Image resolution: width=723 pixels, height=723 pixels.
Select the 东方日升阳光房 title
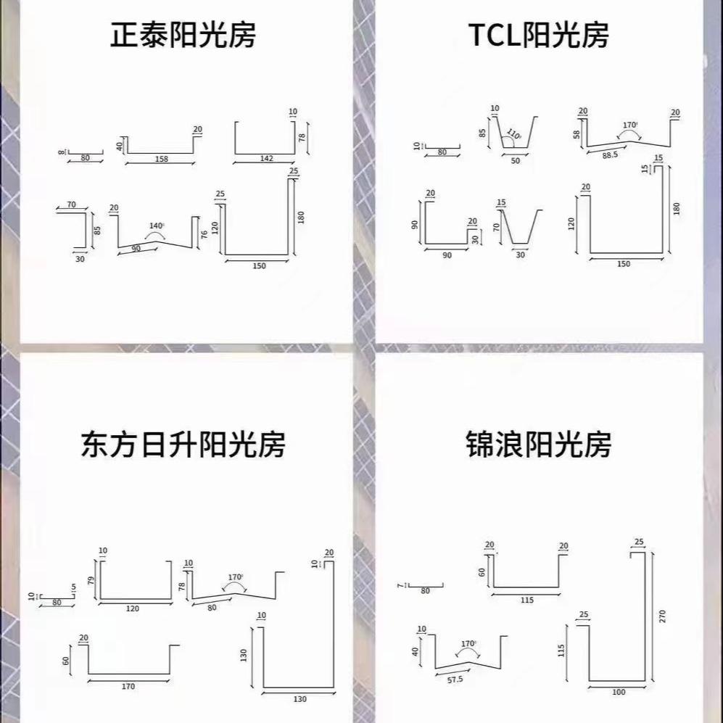pyautogui.click(x=183, y=444)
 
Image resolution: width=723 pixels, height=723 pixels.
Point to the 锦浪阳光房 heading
pyautogui.click(x=537, y=444)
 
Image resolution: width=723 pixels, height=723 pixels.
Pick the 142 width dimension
pyautogui.click(x=265, y=158)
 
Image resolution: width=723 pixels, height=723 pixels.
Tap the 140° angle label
pyautogui.click(x=157, y=226)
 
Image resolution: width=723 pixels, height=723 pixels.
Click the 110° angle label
pyautogui.click(x=514, y=134)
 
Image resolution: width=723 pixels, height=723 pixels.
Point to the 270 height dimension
pyautogui.click(x=662, y=616)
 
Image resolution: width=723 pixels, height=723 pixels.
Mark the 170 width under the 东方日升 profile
pyautogui.click(x=128, y=685)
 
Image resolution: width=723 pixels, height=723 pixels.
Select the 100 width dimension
pyautogui.click(x=618, y=692)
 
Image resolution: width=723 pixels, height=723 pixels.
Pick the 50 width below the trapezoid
pyautogui.click(x=516, y=161)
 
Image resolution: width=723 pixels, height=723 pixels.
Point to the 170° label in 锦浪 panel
pyautogui.click(x=468, y=643)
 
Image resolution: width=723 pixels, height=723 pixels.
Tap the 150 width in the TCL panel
pyautogui.click(x=624, y=264)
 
